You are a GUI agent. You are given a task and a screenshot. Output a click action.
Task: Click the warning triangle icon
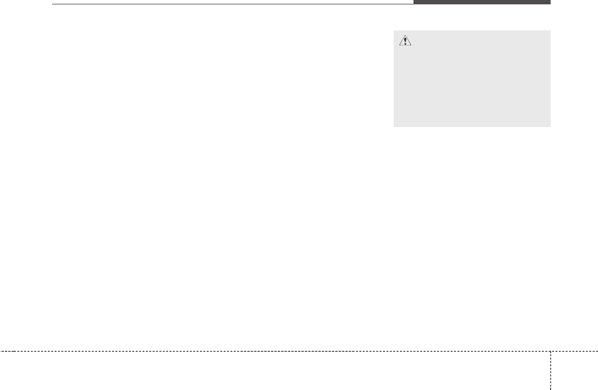click(405, 42)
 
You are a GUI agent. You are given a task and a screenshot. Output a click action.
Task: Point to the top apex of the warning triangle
click(405, 37)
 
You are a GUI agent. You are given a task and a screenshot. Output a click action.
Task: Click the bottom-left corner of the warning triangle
click(399, 46)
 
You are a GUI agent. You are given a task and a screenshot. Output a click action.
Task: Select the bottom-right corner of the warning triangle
click(411, 46)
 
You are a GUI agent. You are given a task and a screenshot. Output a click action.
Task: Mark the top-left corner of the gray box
click(394, 31)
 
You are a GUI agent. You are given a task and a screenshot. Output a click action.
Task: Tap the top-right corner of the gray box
click(550, 31)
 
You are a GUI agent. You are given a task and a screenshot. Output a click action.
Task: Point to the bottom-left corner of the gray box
click(394, 127)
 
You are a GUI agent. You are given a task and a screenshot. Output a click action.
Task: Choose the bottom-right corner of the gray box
click(550, 127)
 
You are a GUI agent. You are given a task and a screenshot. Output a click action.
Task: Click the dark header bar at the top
click(482, 2)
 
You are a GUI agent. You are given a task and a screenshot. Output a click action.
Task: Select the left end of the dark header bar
click(414, 2)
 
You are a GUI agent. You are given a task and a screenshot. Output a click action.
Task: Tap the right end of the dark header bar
click(550, 2)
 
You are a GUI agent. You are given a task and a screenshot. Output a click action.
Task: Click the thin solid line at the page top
click(232, 4)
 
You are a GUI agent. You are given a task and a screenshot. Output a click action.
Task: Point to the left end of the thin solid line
click(52, 4)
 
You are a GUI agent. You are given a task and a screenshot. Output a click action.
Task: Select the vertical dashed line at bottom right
click(550, 370)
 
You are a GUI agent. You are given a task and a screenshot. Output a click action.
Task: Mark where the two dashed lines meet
click(550, 351)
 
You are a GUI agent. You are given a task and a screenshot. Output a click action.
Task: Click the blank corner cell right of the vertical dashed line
click(574, 371)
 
